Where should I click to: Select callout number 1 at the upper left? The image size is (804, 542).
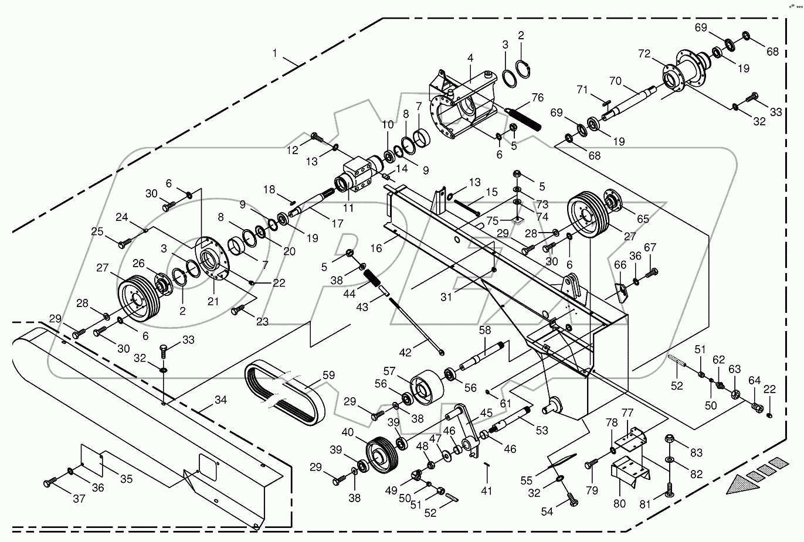click(274, 53)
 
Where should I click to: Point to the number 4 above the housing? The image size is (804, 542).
click(470, 58)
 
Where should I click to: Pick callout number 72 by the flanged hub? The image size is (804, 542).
click(644, 54)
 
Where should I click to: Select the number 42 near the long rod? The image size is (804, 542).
click(405, 352)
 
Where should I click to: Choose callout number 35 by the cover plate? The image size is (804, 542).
click(126, 479)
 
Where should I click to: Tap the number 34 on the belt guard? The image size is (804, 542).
click(220, 400)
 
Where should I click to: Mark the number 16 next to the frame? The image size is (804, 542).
click(375, 248)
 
